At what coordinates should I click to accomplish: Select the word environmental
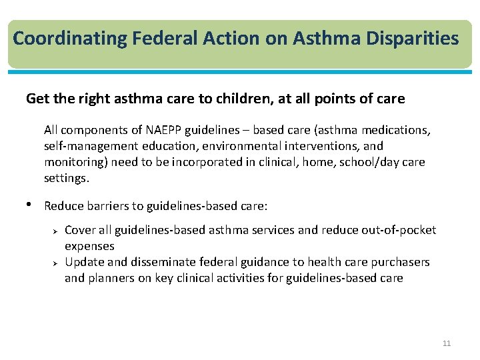click(253, 146)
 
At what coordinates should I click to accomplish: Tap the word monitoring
click(74, 162)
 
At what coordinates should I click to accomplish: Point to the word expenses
click(89, 246)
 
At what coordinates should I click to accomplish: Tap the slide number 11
click(447, 343)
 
